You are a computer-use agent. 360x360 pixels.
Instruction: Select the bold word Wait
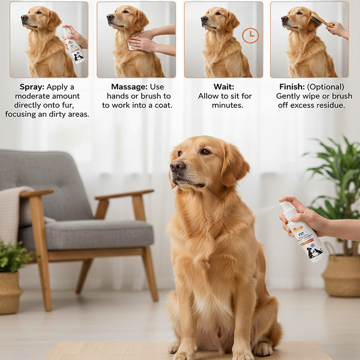coord(223,87)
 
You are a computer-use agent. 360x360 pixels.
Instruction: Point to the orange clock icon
coord(250,35)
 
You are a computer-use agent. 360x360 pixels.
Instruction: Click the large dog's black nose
coord(177,166)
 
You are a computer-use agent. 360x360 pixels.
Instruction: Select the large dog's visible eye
coord(205,151)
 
